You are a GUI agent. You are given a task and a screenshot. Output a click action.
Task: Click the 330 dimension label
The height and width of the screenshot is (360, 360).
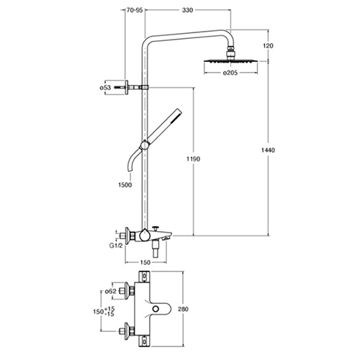[x=187, y=10]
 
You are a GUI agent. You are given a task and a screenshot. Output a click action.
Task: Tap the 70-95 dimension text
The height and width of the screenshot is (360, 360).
[x=135, y=10]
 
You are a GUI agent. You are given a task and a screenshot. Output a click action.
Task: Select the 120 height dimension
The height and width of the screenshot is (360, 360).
[x=268, y=45]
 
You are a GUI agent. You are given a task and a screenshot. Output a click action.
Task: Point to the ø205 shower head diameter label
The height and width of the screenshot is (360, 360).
[x=230, y=73]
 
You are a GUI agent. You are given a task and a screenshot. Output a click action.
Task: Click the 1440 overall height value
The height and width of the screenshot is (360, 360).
[x=268, y=150]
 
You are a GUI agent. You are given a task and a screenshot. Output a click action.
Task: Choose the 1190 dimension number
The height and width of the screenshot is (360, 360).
[x=194, y=159]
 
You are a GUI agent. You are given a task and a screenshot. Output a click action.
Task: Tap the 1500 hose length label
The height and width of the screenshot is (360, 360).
[x=125, y=184]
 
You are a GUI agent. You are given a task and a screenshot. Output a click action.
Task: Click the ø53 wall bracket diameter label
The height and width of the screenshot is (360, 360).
[x=105, y=88]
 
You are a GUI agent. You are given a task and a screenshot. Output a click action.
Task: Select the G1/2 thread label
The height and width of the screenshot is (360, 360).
[x=116, y=246]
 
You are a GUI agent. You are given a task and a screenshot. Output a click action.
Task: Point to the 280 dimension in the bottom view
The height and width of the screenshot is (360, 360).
[x=183, y=309]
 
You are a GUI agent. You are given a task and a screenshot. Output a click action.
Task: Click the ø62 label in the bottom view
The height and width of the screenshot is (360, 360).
[x=111, y=292]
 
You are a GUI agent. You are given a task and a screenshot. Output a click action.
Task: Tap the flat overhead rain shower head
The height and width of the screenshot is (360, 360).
[x=231, y=61]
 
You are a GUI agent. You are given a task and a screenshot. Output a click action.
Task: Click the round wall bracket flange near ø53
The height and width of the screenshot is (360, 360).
[x=127, y=87]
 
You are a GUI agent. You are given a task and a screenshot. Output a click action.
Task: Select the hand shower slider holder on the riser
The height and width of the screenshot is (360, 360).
[x=145, y=145]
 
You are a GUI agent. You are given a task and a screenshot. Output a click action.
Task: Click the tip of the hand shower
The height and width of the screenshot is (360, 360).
[x=179, y=111]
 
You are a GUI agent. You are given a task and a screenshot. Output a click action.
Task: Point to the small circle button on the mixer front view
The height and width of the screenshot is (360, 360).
[x=156, y=308]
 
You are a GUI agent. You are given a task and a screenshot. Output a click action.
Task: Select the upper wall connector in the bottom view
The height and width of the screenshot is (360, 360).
[x=127, y=291]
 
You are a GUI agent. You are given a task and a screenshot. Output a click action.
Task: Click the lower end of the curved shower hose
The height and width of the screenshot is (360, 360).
[x=130, y=171]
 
